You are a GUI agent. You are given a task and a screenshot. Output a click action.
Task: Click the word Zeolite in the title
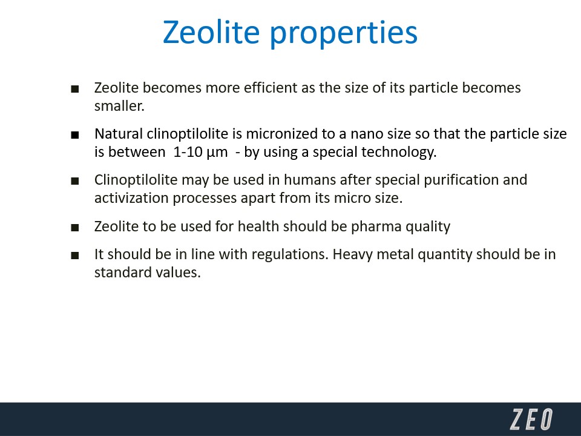[211, 32]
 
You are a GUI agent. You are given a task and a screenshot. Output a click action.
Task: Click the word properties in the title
[344, 34]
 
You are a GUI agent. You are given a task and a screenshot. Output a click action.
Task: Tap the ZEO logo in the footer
[531, 419]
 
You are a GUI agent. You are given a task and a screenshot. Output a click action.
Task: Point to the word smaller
[119, 106]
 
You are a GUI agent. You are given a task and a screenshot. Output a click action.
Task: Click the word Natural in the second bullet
[119, 134]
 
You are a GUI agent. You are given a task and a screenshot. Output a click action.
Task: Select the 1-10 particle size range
[188, 153]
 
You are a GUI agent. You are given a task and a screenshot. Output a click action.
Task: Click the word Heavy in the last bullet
[352, 255]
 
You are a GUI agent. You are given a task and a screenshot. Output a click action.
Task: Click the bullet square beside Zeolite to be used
[75, 227]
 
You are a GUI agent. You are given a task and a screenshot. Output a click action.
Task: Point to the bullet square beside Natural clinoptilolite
[75, 135]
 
